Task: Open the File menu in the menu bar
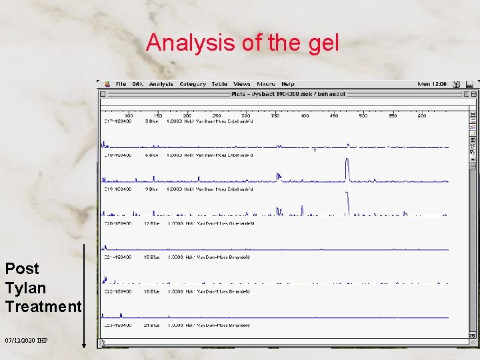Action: (121, 84)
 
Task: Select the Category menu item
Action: (193, 84)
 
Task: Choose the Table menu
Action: (219, 84)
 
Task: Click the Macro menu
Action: (266, 84)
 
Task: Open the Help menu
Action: (288, 84)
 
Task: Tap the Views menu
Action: (242, 84)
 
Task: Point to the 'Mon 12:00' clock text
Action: (432, 84)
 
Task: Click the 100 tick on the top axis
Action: (129, 115)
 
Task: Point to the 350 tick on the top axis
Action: (275, 115)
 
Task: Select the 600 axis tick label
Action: (421, 115)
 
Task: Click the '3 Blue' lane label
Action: (151, 121)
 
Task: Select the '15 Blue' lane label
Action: (151, 257)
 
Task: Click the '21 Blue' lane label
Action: (151, 325)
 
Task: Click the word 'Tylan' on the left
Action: (25, 288)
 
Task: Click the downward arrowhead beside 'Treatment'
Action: (84, 345)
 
